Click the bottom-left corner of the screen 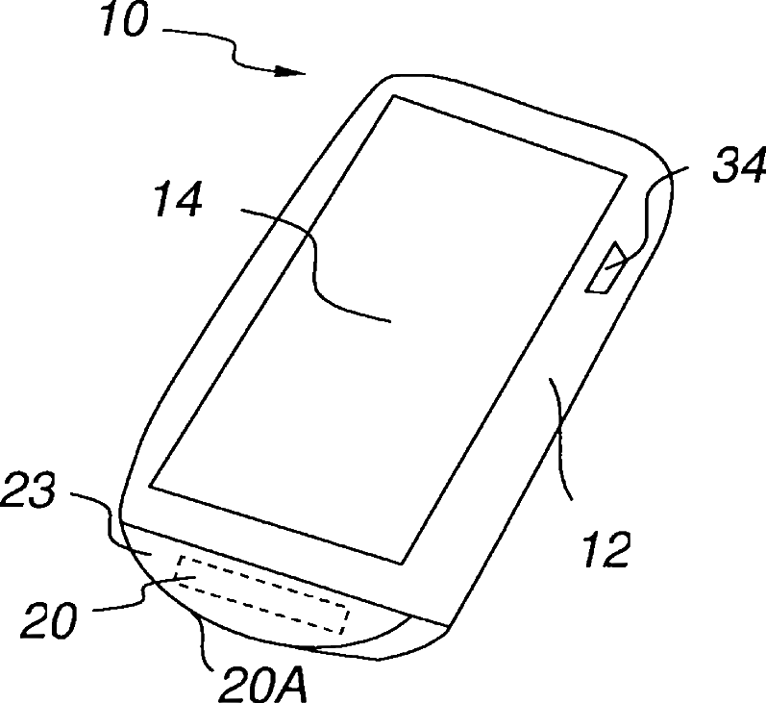pyautogui.click(x=152, y=486)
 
